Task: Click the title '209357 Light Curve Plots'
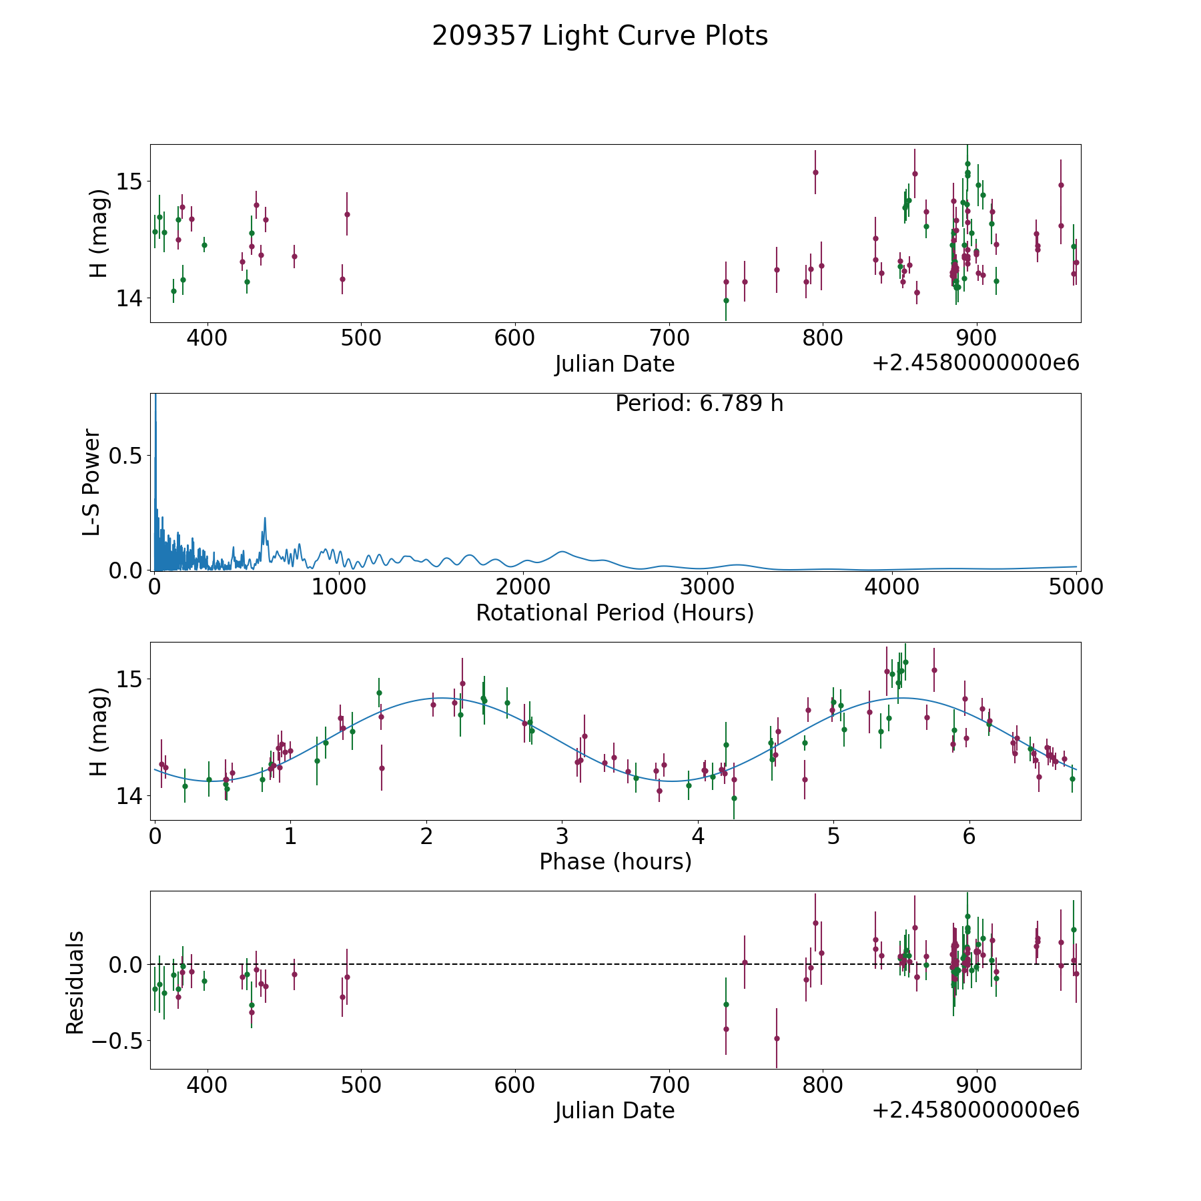click(x=600, y=36)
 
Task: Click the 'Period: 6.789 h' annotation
click(x=699, y=404)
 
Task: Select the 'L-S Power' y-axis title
click(x=92, y=482)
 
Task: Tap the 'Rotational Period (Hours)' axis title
click(x=615, y=613)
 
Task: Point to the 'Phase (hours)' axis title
click(x=615, y=862)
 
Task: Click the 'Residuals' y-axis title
click(x=75, y=982)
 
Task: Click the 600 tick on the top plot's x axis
click(x=515, y=338)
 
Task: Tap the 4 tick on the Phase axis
click(x=698, y=836)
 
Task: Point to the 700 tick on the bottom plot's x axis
click(x=669, y=1085)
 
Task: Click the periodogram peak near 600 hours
click(x=265, y=518)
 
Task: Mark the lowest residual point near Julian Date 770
click(x=777, y=1038)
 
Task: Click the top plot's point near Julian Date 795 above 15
click(x=815, y=172)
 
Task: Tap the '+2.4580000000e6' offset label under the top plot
click(x=975, y=363)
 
